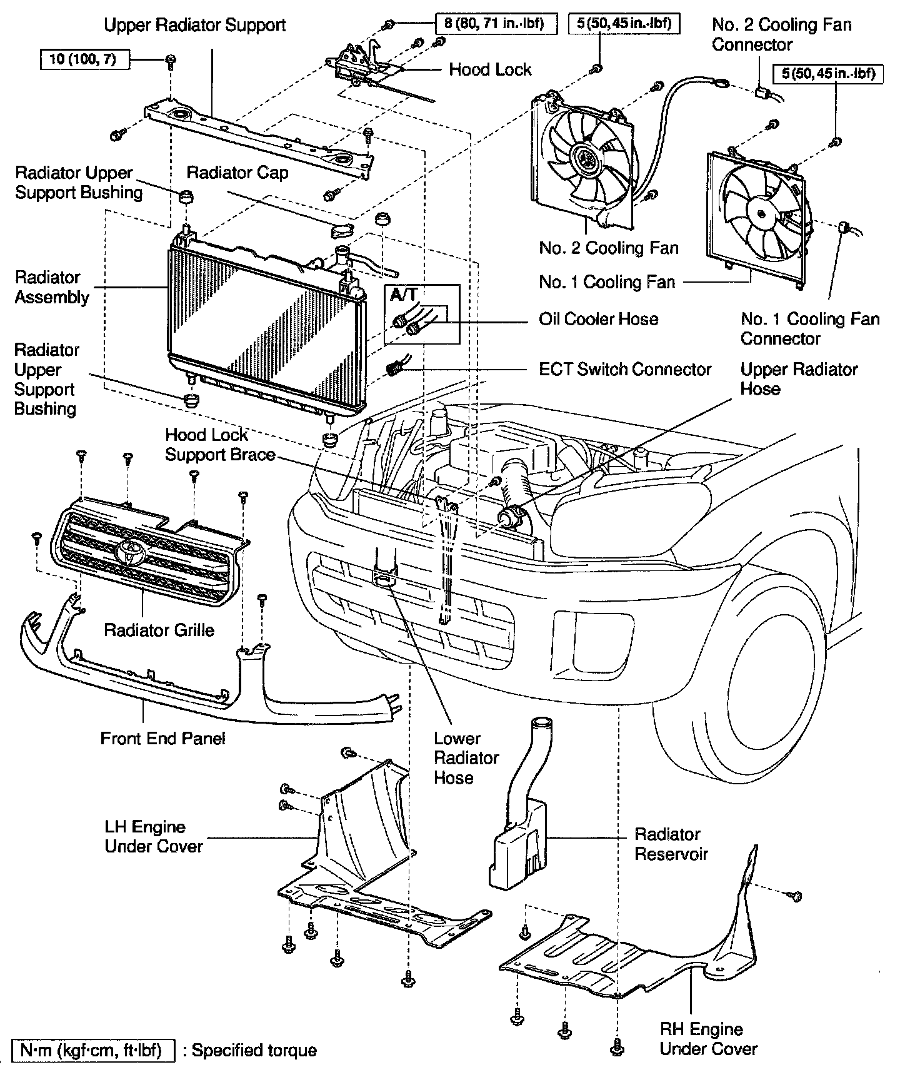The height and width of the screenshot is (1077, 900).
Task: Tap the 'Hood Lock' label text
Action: pos(490,69)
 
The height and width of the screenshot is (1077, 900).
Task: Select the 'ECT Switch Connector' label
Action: pos(625,369)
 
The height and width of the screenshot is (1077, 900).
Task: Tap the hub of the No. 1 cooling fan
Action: pos(761,214)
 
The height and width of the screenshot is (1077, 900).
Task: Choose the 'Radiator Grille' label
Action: pos(159,630)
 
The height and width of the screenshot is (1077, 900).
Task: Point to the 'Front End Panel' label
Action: pos(162,738)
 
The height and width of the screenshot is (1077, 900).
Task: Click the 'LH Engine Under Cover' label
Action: pos(154,837)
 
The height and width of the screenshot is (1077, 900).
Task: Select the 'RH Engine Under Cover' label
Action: pos(708,1039)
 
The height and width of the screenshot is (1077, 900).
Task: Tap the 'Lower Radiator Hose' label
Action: pos(466,758)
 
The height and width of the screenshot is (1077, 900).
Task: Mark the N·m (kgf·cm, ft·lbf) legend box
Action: pos(93,1050)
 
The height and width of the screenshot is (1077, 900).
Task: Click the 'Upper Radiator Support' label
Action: pos(194,25)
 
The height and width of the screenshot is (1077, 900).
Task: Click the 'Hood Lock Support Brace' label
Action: pos(220,445)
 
